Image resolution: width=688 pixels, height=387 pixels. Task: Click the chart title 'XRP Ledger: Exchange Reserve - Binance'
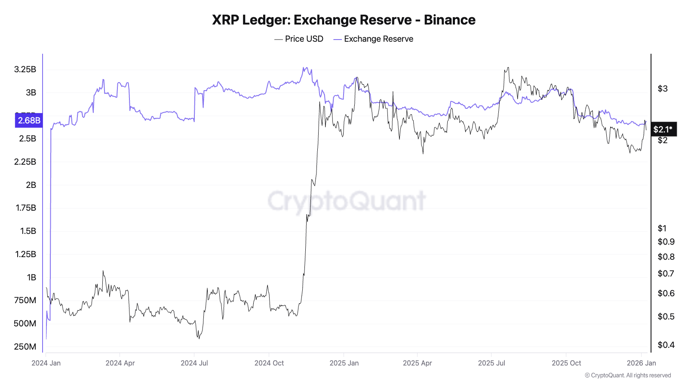click(344, 20)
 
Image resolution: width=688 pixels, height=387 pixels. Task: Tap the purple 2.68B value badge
click(29, 120)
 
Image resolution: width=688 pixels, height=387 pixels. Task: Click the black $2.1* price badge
click(663, 129)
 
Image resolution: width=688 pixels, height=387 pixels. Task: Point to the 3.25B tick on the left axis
click(25, 69)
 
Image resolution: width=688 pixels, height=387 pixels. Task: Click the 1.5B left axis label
click(28, 231)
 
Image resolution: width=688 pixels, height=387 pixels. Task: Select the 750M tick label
click(25, 300)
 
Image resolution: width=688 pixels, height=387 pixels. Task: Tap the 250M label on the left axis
click(25, 347)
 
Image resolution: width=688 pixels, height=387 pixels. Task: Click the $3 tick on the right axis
click(663, 89)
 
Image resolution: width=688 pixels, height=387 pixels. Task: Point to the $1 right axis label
click(662, 228)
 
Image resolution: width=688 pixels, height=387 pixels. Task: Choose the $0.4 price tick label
click(666, 345)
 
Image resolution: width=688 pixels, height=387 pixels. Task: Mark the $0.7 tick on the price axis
click(666, 273)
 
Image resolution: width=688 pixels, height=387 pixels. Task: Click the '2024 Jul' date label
click(194, 363)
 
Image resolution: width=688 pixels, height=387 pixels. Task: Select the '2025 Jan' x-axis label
click(344, 363)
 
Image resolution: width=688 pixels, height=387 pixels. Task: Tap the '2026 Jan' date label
click(641, 363)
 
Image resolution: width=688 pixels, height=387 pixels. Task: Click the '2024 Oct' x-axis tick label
click(269, 363)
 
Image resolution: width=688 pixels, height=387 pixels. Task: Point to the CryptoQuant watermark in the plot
click(347, 200)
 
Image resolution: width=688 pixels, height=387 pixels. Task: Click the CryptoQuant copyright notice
click(628, 375)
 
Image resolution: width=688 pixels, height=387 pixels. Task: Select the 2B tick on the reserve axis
click(31, 185)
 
